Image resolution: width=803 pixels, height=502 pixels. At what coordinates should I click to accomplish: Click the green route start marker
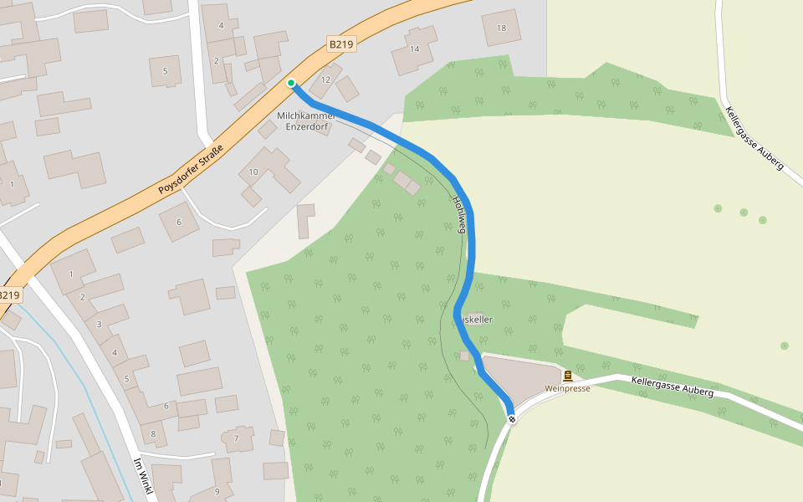point(291,83)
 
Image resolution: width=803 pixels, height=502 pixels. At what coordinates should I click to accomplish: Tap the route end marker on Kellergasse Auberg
point(511,418)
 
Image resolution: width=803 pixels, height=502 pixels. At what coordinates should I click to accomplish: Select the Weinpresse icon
point(568,376)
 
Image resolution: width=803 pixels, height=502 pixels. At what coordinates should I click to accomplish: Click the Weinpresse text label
point(567,388)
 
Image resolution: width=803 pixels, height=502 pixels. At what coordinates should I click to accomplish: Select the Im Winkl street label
point(142,478)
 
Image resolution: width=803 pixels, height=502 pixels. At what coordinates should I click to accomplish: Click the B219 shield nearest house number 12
point(341,44)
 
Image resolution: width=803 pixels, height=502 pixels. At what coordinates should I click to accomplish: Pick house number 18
point(501,28)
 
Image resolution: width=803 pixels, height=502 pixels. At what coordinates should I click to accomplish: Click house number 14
point(414,49)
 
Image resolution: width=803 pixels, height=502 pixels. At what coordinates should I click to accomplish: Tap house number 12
point(325,79)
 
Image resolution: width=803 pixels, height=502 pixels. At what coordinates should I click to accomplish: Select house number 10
point(253,172)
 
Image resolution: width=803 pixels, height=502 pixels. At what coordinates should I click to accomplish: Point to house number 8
point(153,433)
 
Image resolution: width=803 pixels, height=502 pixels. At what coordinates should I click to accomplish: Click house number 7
point(236,438)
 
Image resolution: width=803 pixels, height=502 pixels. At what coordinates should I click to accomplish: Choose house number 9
point(217,491)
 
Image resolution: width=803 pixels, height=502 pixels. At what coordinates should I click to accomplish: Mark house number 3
point(99,324)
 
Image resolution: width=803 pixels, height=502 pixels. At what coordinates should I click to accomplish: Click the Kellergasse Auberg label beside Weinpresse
point(673,386)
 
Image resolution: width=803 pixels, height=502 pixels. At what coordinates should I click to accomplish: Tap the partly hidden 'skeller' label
point(478,320)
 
